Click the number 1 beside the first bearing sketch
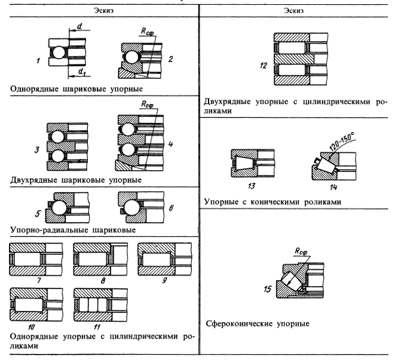click(38, 60)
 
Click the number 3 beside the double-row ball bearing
click(38, 146)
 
